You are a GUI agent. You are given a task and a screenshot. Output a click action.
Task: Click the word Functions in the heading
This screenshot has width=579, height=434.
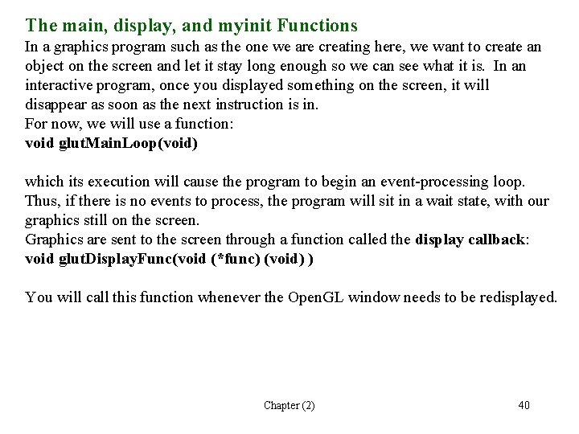point(316,26)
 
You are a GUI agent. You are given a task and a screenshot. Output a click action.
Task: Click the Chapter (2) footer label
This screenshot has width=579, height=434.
point(289,405)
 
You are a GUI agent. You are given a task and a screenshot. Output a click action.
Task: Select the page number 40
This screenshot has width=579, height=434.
point(523,405)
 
